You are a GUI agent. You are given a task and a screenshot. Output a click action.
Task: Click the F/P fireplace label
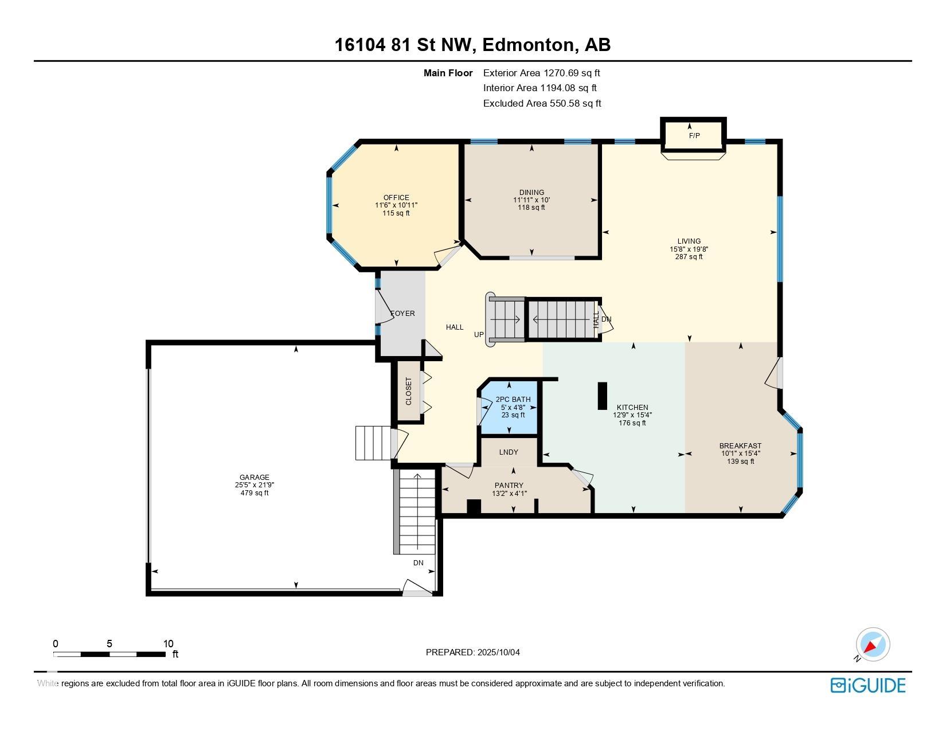(x=694, y=136)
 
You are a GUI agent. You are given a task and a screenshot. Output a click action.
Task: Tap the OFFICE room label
(x=396, y=198)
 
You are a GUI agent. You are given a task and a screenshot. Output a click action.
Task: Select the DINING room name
(x=531, y=193)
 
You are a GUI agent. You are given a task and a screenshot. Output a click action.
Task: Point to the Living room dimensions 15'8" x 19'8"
(x=689, y=249)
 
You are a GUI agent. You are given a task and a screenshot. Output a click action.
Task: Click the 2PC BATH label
(x=513, y=399)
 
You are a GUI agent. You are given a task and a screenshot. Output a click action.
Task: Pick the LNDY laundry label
(x=509, y=452)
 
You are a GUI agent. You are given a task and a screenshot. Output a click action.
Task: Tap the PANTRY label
(x=509, y=485)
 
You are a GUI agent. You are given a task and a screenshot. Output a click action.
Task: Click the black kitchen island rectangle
(x=602, y=396)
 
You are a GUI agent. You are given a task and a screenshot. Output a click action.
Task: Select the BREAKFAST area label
(x=740, y=446)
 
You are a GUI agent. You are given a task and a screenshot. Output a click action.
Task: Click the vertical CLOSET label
(x=408, y=391)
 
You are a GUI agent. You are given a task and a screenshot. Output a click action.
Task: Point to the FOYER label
(x=402, y=314)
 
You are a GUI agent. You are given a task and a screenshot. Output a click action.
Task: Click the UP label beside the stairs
(x=479, y=335)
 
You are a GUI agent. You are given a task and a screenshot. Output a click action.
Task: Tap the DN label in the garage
(x=418, y=563)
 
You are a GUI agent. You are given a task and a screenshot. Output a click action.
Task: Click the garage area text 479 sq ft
(x=255, y=493)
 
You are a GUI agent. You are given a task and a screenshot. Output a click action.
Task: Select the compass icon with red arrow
(x=873, y=645)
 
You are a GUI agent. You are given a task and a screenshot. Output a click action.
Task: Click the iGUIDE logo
(x=868, y=685)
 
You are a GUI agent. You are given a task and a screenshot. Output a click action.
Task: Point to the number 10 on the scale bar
(x=168, y=643)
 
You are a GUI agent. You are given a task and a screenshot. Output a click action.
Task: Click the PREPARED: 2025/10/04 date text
(x=473, y=652)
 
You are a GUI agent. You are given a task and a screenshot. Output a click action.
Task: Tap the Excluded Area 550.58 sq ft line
(x=542, y=103)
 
